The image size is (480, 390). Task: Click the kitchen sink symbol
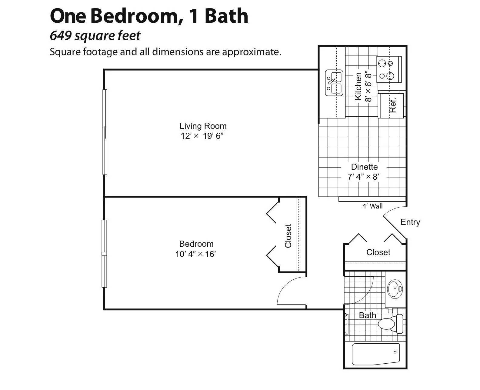point(334,83)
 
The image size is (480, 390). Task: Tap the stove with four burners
point(389,69)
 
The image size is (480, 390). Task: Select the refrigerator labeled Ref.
point(391,105)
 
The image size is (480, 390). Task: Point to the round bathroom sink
point(395,289)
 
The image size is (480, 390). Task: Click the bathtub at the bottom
point(376,354)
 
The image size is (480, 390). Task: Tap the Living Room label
point(203,126)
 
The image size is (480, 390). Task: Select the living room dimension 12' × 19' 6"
point(202,136)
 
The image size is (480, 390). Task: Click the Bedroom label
point(196,244)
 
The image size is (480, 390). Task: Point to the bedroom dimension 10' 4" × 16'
point(195,254)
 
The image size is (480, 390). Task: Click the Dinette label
point(364,167)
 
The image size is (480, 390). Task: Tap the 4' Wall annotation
point(372,206)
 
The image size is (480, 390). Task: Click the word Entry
point(410,222)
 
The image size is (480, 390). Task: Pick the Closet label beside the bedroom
point(288,236)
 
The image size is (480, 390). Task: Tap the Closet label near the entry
point(378,252)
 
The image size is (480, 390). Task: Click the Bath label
point(367,315)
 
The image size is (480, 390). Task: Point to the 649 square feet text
point(95,36)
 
